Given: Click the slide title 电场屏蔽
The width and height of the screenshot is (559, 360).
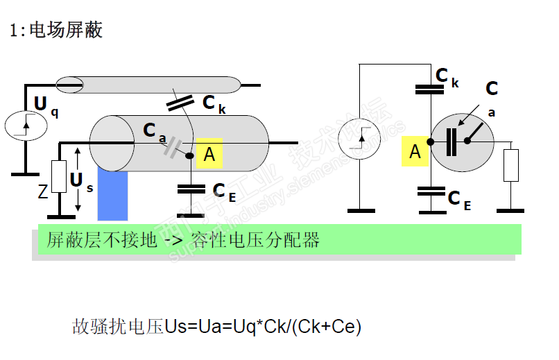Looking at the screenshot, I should (x=65, y=31).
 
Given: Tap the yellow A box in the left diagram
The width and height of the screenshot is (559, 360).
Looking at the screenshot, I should (x=209, y=155).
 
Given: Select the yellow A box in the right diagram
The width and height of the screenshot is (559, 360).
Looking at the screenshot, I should (x=415, y=151).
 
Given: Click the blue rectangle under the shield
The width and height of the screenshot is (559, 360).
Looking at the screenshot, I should (x=112, y=196).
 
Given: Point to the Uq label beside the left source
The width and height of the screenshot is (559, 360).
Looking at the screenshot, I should (x=45, y=105).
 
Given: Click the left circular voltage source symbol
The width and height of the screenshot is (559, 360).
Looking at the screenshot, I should (x=26, y=125).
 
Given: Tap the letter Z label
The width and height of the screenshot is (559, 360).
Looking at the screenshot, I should (x=43, y=191).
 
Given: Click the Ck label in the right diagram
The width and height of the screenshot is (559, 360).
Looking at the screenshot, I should (x=447, y=76).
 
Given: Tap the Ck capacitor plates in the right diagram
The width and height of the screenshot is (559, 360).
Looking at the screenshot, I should (x=430, y=89).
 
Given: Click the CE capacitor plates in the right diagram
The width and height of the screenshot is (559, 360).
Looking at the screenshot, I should (x=430, y=190).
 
